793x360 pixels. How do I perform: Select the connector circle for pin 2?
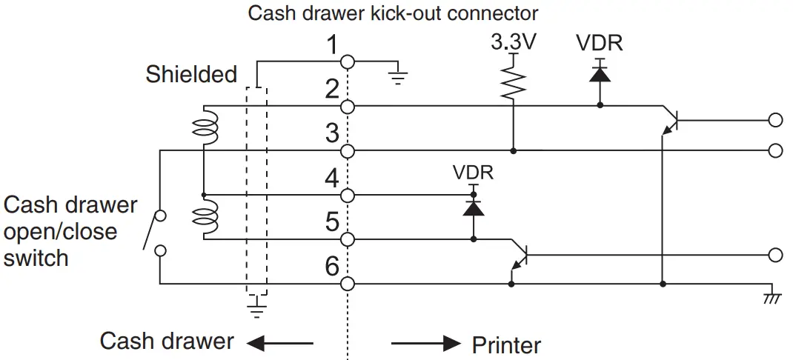click(x=347, y=107)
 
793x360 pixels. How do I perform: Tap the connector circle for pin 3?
click(x=347, y=151)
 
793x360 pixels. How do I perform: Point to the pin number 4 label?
click(x=332, y=179)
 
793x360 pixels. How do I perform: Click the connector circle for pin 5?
click(x=347, y=239)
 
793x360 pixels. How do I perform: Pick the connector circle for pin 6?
click(x=347, y=284)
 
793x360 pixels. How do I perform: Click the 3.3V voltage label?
click(x=513, y=43)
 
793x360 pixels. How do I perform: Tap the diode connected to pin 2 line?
click(x=600, y=74)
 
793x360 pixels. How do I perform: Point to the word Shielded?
click(x=191, y=74)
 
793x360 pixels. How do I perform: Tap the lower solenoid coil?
click(x=203, y=217)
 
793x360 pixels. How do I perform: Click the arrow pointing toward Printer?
click(x=425, y=343)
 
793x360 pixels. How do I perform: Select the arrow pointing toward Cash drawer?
click(x=280, y=343)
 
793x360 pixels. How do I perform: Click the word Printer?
click(x=506, y=344)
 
